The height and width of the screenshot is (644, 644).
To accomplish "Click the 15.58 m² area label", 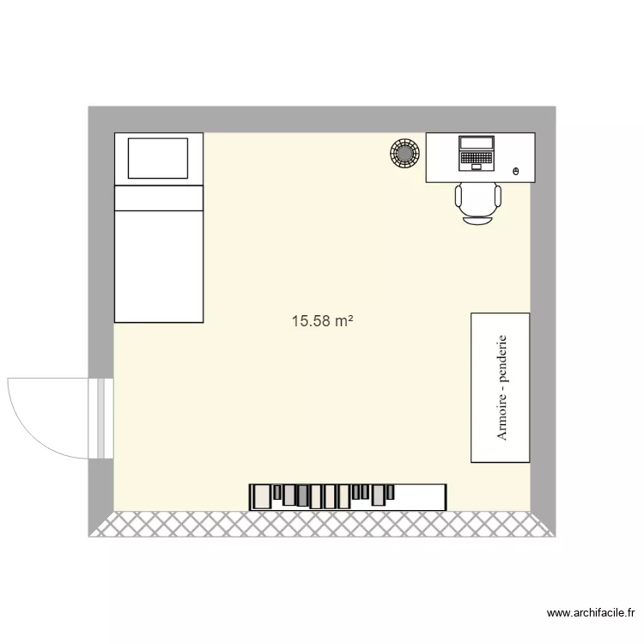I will [323, 322].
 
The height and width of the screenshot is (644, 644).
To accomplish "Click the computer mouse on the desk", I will [515, 172].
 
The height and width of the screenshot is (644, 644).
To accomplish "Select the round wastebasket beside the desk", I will [404, 153].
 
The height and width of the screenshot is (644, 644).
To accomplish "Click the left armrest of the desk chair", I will [458, 197].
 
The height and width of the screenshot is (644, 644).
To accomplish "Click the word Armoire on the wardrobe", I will [502, 422].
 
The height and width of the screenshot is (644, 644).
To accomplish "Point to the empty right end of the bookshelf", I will [421, 496].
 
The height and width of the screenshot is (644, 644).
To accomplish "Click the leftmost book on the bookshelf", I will [254, 496].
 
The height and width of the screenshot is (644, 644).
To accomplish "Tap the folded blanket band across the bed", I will [158, 198].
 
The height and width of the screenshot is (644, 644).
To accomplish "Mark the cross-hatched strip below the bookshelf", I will [322, 525].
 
